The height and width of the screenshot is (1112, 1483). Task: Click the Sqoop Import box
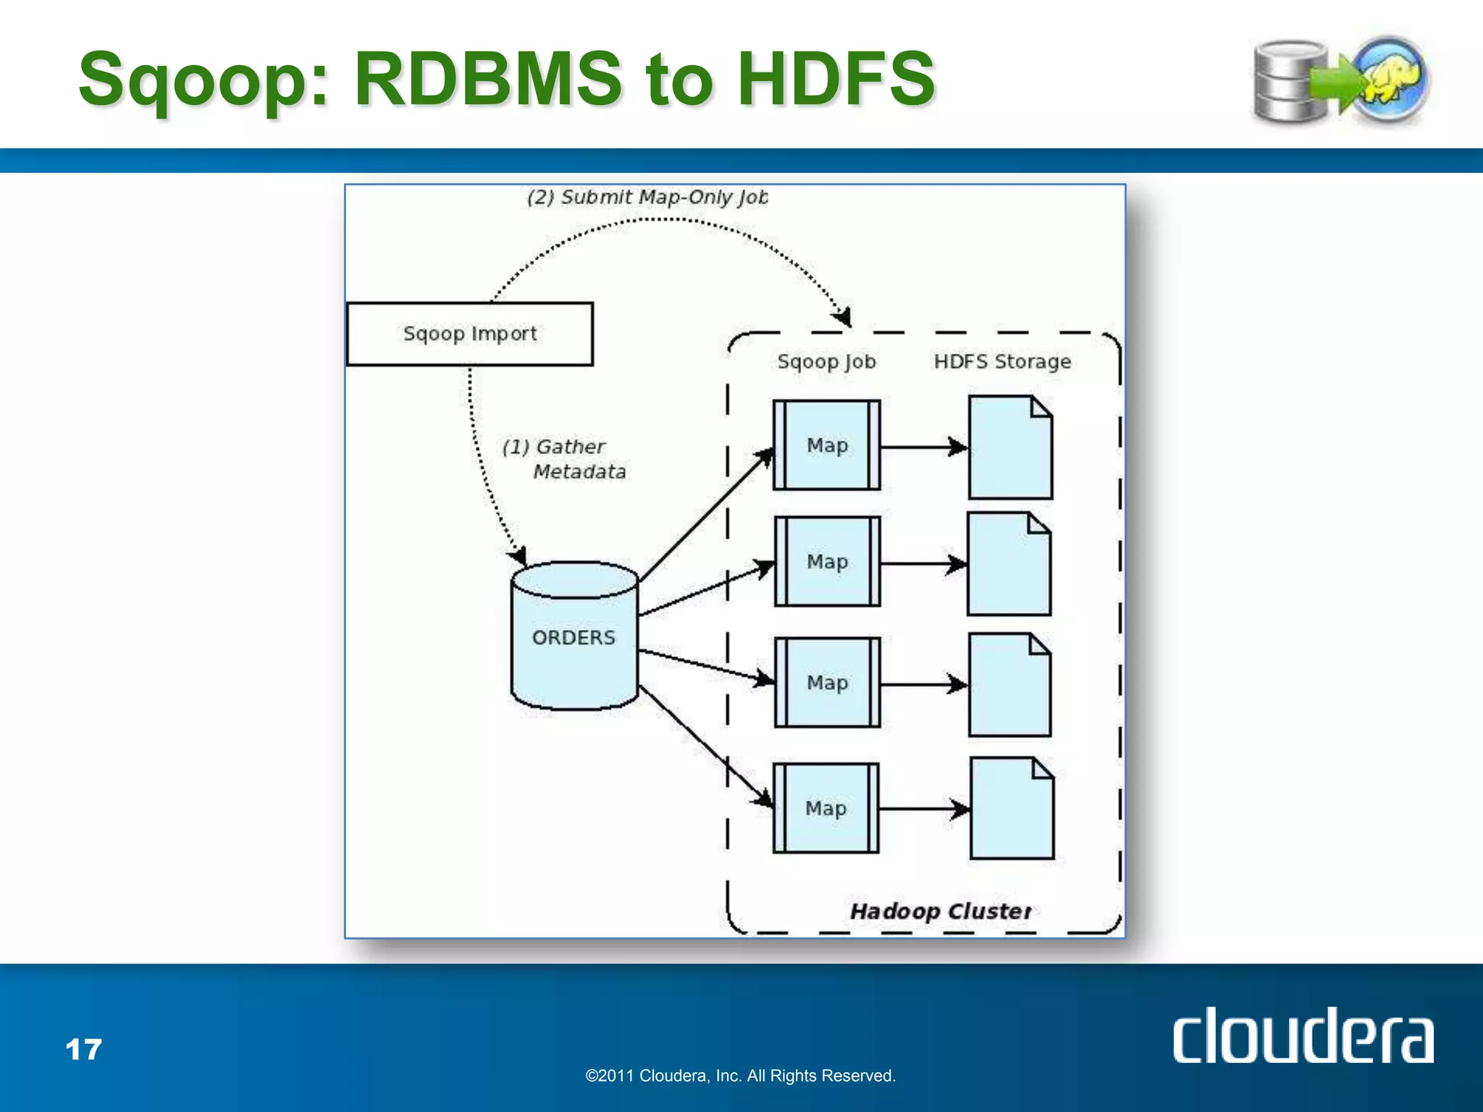[x=470, y=334]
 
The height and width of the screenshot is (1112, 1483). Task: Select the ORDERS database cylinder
[x=574, y=636]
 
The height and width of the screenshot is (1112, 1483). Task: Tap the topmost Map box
[x=827, y=445]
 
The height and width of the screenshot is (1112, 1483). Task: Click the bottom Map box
[x=826, y=808]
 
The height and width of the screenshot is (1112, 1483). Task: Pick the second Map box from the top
[x=828, y=562]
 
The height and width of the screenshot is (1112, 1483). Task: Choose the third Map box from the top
[x=828, y=683]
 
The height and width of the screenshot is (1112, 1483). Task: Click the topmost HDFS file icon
[x=1010, y=448]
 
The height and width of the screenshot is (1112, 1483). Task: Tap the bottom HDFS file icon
[x=1012, y=809]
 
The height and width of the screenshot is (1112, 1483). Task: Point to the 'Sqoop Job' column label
[x=826, y=361]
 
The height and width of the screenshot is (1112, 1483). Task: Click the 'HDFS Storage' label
[x=1002, y=361]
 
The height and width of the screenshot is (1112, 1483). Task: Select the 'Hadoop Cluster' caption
[x=941, y=911]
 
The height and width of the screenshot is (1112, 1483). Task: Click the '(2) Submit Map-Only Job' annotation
[x=647, y=197]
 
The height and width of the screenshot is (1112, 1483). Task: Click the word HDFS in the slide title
[x=836, y=78]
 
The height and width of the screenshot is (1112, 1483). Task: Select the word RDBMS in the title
[x=487, y=78]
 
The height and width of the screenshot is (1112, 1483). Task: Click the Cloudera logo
[x=1303, y=1036]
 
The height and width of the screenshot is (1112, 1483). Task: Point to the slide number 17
[x=83, y=1049]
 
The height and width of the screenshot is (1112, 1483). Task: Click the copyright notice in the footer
[x=740, y=1076]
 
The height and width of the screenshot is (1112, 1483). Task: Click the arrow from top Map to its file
[x=924, y=447]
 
